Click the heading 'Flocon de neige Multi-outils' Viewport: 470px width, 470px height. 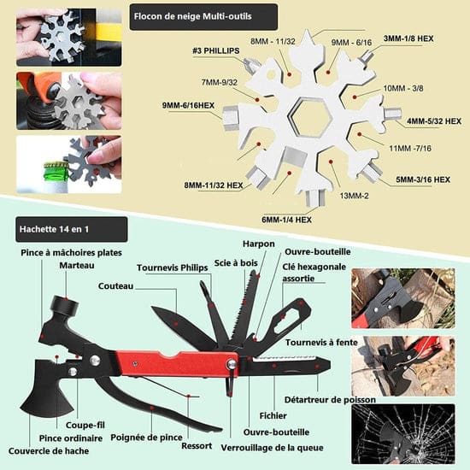point(193,16)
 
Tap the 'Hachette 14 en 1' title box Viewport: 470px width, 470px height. point(72,229)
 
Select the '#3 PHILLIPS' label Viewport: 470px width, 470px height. point(216,50)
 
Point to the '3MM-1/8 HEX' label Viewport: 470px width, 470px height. point(408,38)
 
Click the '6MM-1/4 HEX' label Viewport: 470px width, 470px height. point(286,220)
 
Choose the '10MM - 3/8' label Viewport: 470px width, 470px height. point(403,88)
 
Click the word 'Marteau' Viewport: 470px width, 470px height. point(77,265)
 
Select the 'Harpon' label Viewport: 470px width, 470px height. point(259,244)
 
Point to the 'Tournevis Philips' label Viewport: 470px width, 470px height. point(173,267)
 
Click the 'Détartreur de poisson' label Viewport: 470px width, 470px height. point(330,400)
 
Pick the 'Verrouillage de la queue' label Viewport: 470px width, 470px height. point(272,448)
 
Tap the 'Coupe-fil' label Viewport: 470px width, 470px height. point(85,425)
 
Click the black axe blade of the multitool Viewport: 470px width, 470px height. point(45,390)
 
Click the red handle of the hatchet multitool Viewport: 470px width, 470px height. point(177,363)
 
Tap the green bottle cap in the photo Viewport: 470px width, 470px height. point(56,172)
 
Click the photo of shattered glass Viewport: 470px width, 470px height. point(403,434)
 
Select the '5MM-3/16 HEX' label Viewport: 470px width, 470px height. point(423,179)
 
